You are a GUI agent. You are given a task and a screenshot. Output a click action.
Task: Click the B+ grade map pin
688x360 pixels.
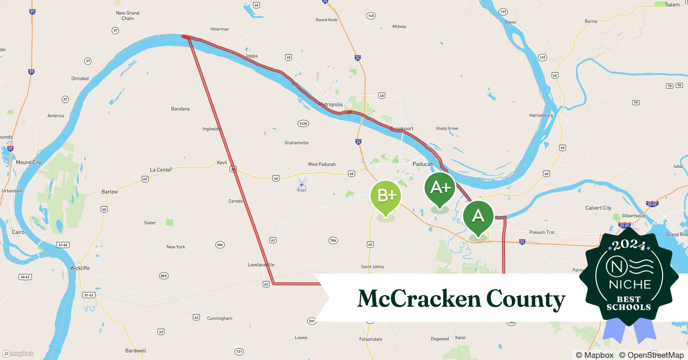tap(386, 196)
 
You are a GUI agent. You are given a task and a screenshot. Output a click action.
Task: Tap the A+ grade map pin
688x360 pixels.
tap(439, 188)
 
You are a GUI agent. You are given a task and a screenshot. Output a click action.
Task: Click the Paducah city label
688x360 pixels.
tap(423, 164)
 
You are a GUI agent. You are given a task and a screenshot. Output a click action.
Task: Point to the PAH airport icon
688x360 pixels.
tap(302, 185)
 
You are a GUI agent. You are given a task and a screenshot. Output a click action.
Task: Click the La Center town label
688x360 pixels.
tap(161, 170)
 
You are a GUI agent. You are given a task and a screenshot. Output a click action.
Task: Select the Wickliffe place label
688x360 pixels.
tap(80, 268)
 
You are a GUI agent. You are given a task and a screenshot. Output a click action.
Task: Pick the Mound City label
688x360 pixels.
tap(28, 162)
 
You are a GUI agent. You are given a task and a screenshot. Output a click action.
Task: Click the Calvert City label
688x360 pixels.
tap(598, 208)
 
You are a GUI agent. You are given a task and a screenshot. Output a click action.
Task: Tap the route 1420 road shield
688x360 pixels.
tap(303, 123)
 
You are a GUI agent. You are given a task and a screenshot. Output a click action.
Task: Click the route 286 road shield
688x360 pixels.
tap(220, 245)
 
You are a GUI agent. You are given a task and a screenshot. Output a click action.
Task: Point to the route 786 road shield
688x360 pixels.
tap(333, 240)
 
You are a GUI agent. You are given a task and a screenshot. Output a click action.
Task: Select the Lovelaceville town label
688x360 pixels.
tap(261, 265)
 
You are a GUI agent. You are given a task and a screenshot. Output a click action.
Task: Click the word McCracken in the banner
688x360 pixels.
tap(419, 298)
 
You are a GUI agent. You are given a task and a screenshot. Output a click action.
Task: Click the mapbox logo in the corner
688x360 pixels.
tap(18, 354)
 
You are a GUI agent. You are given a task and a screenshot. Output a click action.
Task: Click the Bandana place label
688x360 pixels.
tap(180, 109)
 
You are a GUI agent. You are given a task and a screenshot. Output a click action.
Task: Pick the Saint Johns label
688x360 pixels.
tap(372, 267)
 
